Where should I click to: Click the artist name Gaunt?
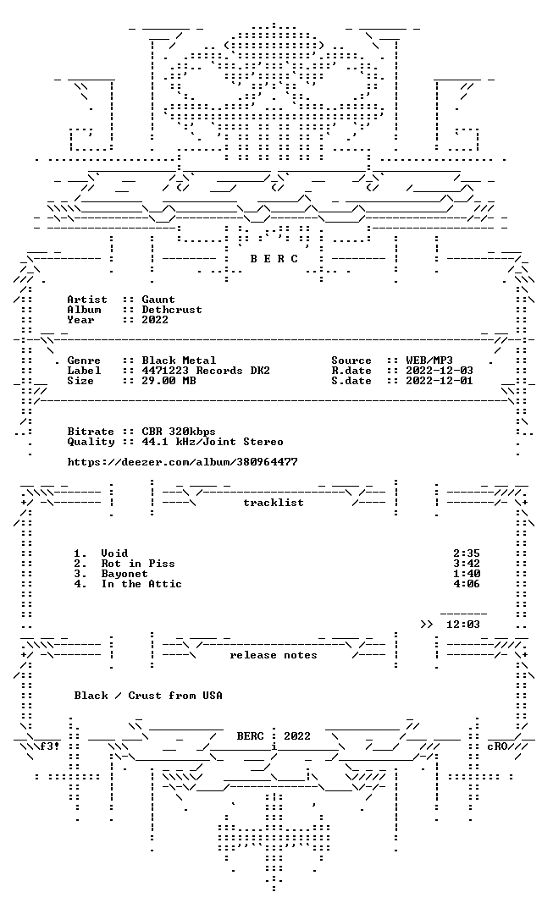coord(158,300)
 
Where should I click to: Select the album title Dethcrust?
coord(172,310)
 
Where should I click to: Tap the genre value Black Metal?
coord(179,361)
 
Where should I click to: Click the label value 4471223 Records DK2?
coord(205,370)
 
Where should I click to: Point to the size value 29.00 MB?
coord(169,381)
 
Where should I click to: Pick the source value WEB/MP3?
coord(429,361)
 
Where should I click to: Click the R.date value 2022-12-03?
coord(440,370)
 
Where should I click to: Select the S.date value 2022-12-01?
coord(440,381)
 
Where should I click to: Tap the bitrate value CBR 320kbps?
coord(179,432)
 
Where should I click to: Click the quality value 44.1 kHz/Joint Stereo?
coord(213,441)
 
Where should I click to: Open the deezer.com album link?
coord(183,462)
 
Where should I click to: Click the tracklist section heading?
coord(274,503)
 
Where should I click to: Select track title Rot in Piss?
coord(138,563)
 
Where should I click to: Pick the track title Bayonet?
coord(124,574)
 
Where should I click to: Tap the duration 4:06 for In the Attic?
coord(466,583)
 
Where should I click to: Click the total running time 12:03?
coord(462,625)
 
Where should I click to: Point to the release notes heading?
coord(274,654)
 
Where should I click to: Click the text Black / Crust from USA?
coord(148,696)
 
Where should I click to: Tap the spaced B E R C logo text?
coord(274,259)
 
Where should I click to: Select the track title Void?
coord(114,553)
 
